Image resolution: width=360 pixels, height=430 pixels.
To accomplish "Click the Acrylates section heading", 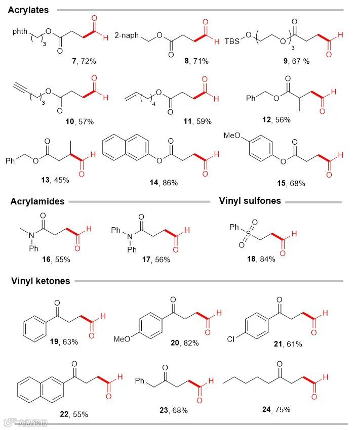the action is click(28, 10).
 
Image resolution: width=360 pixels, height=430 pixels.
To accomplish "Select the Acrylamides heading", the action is click(37, 201).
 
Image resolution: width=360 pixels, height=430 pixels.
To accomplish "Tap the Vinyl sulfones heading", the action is click(250, 201).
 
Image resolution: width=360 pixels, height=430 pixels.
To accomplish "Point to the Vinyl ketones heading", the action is click(41, 281).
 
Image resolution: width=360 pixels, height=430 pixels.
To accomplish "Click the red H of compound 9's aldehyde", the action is click(340, 35).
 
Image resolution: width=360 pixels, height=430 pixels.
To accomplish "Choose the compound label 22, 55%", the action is click(73, 414).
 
